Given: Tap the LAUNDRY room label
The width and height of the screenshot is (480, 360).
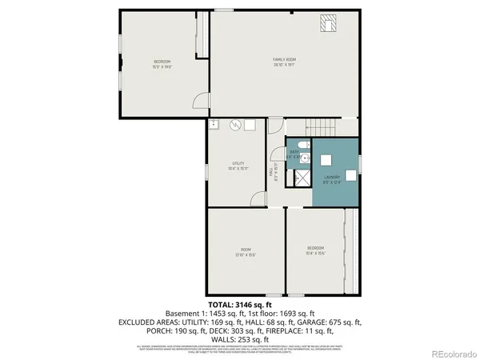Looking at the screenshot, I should (333, 177).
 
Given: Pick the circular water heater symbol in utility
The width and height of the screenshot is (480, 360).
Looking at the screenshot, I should (236, 126).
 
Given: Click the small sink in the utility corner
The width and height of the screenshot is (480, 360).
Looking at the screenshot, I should (214, 124).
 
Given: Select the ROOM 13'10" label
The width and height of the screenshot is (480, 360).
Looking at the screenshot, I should (244, 252).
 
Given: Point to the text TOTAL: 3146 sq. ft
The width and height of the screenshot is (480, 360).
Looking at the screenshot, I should (240, 305).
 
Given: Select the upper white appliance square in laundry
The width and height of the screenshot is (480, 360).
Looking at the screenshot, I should (326, 159).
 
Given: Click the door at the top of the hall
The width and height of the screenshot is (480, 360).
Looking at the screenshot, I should (274, 126).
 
